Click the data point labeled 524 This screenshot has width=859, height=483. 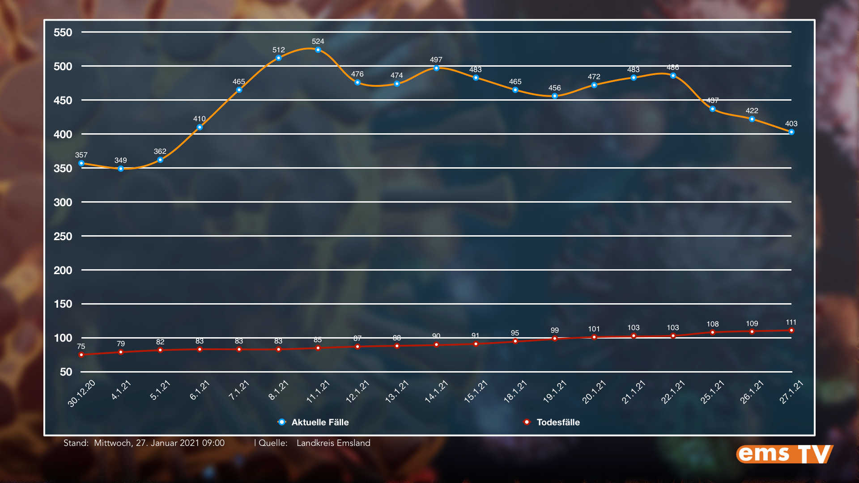coord(318,50)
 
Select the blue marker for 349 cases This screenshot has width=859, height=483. coord(121,169)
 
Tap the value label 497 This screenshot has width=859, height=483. coord(436,60)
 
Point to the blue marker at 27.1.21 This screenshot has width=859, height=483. coord(791,132)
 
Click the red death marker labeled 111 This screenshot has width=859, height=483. coord(791,330)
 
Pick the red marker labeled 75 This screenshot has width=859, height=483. coord(81,355)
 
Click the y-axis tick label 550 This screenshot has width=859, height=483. coord(63,33)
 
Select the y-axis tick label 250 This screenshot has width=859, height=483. coord(63,237)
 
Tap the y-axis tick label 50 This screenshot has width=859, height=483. coord(66,372)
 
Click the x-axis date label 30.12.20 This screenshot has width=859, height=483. coord(82,393)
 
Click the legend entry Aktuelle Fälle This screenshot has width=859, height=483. coord(319,422)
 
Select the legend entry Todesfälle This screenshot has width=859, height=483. coord(557,422)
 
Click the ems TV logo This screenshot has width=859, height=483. coord(784,454)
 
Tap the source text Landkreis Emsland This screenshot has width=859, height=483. coord(333,443)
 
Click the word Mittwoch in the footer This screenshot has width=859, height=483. coord(112,443)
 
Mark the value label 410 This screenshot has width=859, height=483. coord(200,119)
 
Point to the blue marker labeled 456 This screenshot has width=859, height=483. coord(555,96)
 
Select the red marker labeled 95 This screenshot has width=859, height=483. coord(515,341)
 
